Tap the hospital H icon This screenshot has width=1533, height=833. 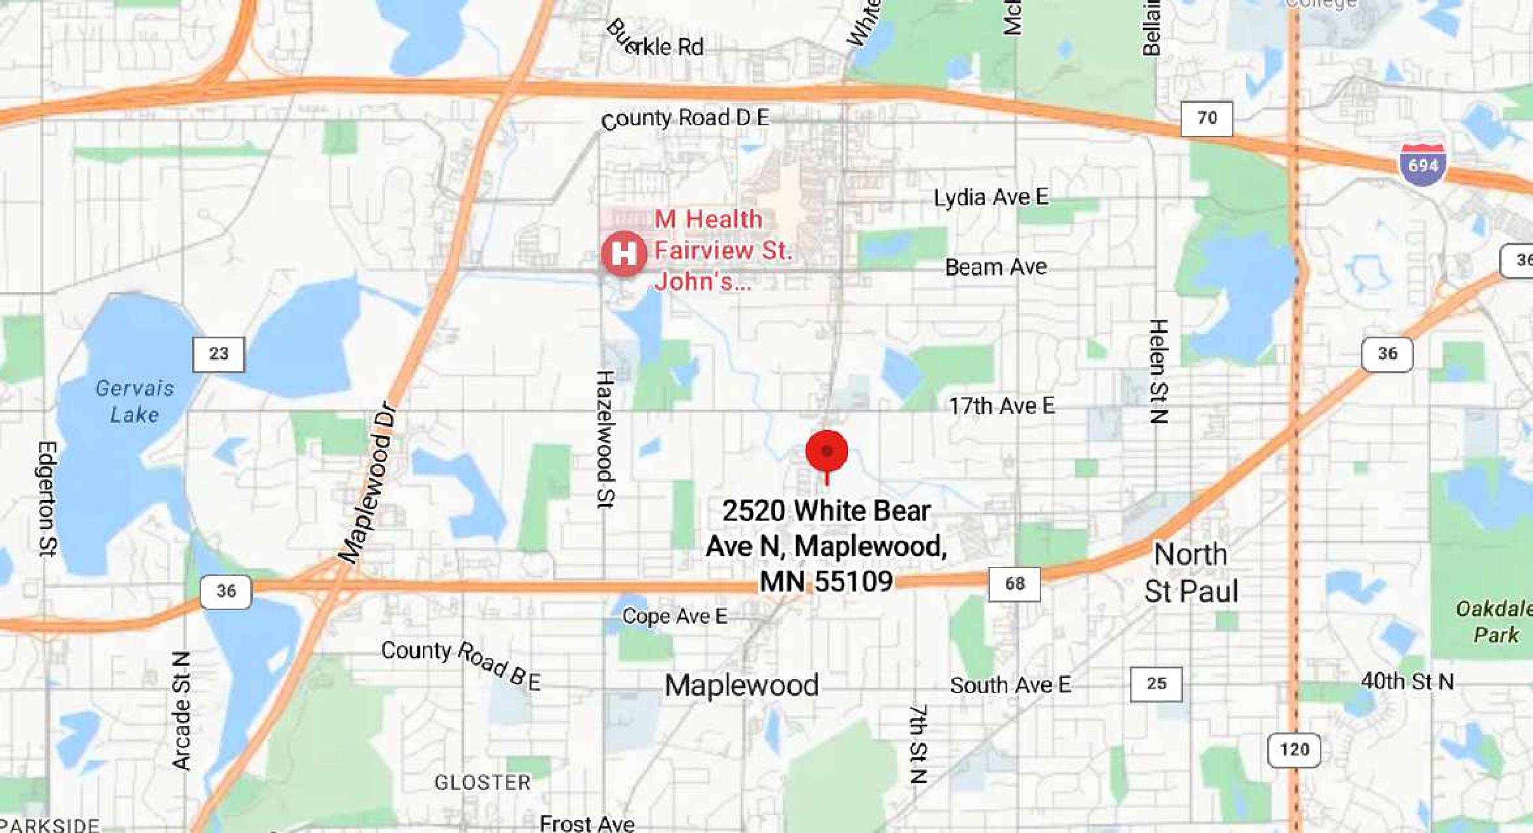pos(623,254)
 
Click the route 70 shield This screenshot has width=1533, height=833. pos(1207,118)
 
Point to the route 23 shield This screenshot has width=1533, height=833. pos(218,354)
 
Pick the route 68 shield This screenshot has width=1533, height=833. pos(1015,583)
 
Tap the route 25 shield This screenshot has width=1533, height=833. pos(1156,684)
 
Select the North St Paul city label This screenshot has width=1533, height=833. pos(1191,572)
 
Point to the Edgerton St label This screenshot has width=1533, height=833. pos(47,499)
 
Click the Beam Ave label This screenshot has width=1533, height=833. pos(995,267)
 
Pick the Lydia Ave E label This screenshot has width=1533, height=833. pos(991,197)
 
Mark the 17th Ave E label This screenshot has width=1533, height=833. pos(1001,406)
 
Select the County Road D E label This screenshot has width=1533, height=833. pos(685,119)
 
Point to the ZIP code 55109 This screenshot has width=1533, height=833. pos(857,580)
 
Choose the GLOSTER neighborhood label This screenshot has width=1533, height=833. pos(482,782)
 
